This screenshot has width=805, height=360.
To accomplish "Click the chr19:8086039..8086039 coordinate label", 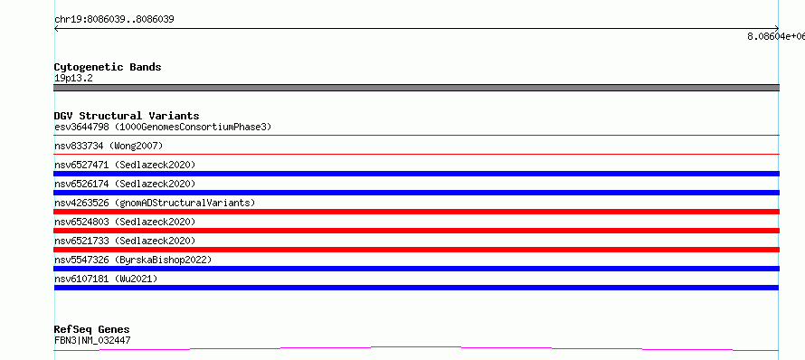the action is point(114,20).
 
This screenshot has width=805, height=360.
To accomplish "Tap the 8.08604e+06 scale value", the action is point(776,36).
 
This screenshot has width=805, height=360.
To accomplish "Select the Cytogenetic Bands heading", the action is point(108,67).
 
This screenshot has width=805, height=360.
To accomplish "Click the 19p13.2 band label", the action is point(73,79).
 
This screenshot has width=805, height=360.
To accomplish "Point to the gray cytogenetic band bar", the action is point(416,88).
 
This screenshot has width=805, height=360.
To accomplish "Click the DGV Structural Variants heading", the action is point(127,116).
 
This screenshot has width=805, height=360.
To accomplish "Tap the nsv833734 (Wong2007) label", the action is point(109,146).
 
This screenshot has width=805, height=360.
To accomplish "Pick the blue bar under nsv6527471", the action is point(416,174).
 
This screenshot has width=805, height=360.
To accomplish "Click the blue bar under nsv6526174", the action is point(416,193).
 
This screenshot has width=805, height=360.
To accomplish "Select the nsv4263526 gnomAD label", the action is point(155,203).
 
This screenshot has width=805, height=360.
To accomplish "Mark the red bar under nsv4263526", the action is point(416,212).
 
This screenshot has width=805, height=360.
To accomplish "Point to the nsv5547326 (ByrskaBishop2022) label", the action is point(133,260).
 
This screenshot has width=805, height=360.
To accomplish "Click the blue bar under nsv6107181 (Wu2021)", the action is point(416,288).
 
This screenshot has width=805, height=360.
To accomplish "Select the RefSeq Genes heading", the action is point(92,329).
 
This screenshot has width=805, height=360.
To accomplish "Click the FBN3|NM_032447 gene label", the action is point(92,340).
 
